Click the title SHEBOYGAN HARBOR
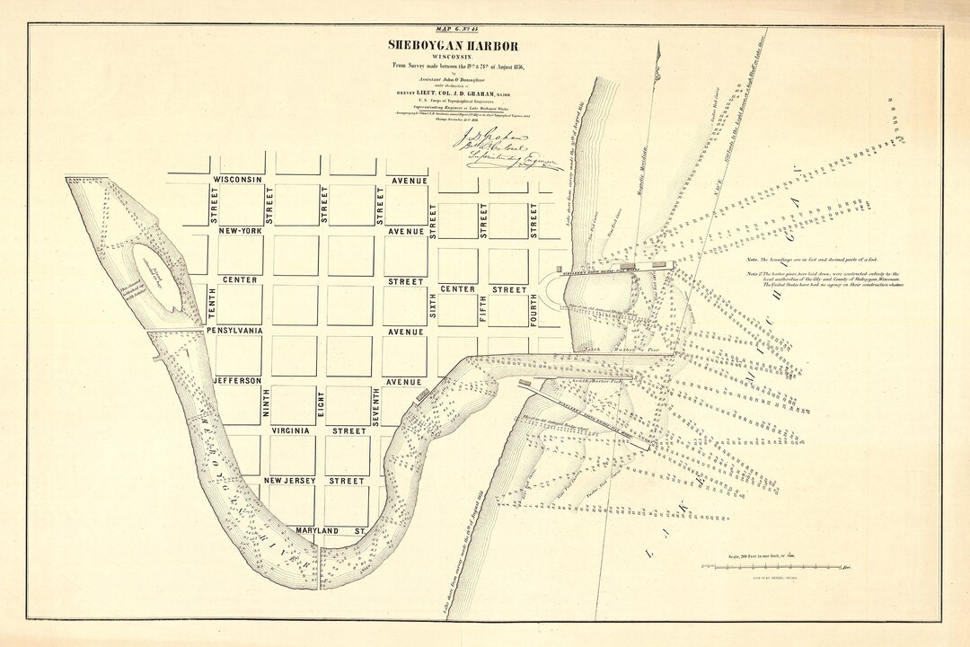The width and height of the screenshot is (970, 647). click(453, 46)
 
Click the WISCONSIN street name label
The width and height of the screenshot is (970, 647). click(237, 180)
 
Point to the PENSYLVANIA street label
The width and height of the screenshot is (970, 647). click(235, 331)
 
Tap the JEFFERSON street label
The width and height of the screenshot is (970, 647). click(237, 381)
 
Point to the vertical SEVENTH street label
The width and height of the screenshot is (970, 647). click(376, 406)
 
